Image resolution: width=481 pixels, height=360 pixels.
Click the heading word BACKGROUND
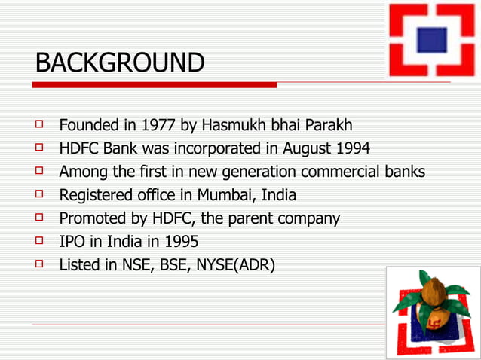120,63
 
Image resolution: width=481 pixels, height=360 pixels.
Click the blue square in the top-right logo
432,38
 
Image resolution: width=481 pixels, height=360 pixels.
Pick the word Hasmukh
228,124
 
